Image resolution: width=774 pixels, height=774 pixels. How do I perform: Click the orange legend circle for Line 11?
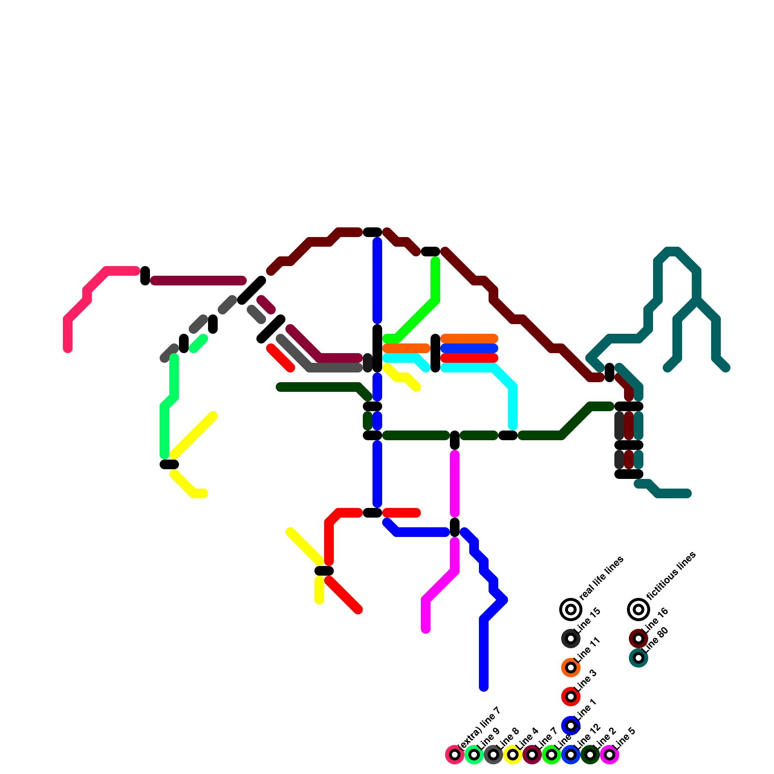(571, 668)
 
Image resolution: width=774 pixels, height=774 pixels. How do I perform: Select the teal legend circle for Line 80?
(639, 658)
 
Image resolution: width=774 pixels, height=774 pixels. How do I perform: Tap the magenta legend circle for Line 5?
(610, 755)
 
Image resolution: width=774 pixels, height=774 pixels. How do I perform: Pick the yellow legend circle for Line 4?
(513, 755)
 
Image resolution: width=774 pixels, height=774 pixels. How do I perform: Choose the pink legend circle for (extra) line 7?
(455, 755)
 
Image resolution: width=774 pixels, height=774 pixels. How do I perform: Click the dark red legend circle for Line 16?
(639, 639)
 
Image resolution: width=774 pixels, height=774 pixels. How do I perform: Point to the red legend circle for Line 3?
(571, 697)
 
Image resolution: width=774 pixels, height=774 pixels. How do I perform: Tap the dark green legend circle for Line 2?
(590, 755)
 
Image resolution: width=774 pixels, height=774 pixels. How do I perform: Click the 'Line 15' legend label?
(589, 620)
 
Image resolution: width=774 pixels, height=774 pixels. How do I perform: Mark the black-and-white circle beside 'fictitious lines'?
(639, 610)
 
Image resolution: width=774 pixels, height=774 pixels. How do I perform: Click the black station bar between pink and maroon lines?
(145, 276)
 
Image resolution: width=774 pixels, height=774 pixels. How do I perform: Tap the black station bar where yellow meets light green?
(169, 464)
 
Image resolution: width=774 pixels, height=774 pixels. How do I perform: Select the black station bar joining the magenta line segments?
(455, 527)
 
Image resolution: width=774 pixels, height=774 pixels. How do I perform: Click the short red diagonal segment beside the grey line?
(281, 358)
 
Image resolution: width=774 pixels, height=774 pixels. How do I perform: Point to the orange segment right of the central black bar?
(406, 348)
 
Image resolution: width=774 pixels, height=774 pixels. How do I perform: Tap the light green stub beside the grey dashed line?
(198, 343)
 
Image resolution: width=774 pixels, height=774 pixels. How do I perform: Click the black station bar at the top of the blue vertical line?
(372, 232)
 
